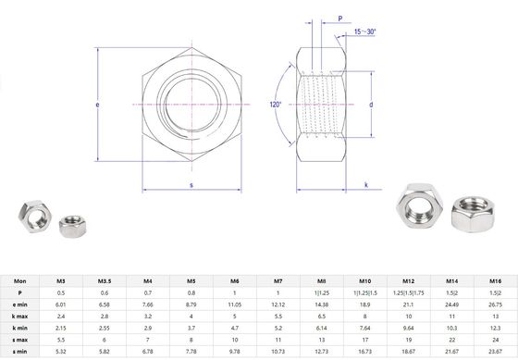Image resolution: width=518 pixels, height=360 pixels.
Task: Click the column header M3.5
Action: [x=105, y=280]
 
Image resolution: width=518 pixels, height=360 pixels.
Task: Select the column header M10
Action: [x=365, y=280]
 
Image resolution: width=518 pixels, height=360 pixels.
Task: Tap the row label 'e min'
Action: [x=19, y=304]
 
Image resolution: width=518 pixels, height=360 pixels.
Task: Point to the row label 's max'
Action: [x=19, y=341]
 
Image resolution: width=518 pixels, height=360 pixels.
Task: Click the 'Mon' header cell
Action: [x=19, y=280]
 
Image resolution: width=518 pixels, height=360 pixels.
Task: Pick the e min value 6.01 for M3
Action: [x=61, y=304]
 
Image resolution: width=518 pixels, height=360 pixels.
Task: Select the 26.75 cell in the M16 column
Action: [x=495, y=304]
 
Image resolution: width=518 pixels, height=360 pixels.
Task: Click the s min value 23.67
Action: [x=495, y=353]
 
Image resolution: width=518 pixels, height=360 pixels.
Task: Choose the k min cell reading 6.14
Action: [x=322, y=329]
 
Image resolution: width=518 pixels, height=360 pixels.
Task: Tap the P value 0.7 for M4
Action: [x=148, y=292]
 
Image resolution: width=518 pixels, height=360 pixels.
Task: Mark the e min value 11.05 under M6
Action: [x=235, y=304]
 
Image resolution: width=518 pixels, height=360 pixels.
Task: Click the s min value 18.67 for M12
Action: [x=409, y=353]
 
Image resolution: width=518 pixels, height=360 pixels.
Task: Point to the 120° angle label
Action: [x=277, y=105]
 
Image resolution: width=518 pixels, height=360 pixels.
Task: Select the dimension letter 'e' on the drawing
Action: [x=97, y=105]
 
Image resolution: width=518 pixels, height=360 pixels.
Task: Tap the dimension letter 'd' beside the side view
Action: [x=371, y=105]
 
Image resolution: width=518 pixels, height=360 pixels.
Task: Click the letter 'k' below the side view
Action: [x=367, y=185]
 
